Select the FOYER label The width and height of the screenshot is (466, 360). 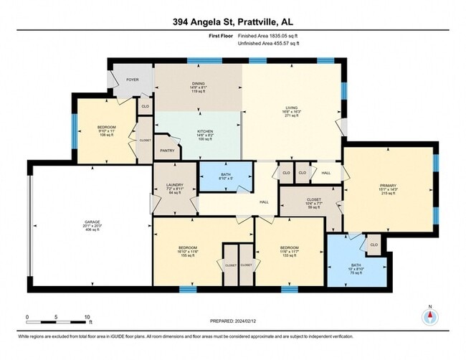tap(133, 80)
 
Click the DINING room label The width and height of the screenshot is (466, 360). tap(198, 83)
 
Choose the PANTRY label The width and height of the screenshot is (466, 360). tap(167, 151)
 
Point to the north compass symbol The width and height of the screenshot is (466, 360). tap(429, 319)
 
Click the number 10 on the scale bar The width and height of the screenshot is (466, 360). tap(87, 316)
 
